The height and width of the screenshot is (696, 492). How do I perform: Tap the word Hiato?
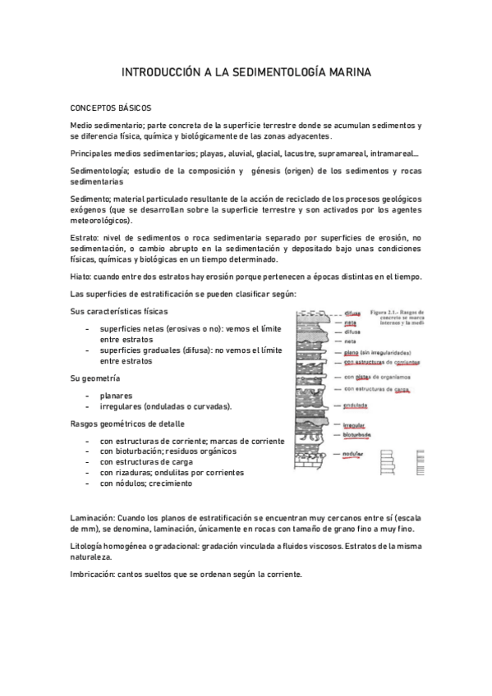(83, 276)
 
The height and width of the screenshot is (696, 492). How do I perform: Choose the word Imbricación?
(93, 573)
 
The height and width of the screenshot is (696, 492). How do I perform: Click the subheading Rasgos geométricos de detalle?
(127, 424)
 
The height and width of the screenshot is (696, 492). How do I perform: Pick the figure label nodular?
(354, 453)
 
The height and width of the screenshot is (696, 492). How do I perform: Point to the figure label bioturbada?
(358, 434)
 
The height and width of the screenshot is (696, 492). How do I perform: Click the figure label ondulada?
(356, 405)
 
